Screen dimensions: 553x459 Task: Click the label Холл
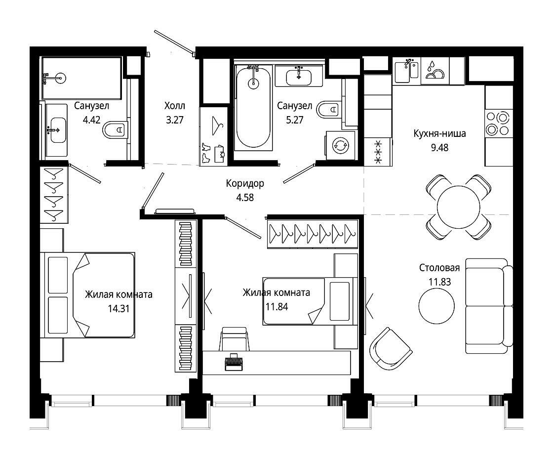click(x=175, y=106)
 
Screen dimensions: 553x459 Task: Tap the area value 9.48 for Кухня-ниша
click(x=439, y=147)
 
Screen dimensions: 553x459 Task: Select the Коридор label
click(x=245, y=183)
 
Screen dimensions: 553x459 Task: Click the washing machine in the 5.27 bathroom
click(x=341, y=145)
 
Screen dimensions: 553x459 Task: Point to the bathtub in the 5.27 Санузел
click(x=253, y=107)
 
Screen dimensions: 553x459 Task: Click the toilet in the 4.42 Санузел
click(x=115, y=130)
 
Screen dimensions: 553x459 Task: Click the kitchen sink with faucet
click(x=407, y=71)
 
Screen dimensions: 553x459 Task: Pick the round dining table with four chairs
click(x=459, y=207)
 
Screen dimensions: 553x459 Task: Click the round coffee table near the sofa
click(x=436, y=305)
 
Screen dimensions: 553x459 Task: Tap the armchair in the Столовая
click(x=391, y=348)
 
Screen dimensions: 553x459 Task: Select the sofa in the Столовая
click(x=489, y=306)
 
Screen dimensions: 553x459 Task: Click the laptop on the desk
click(x=234, y=362)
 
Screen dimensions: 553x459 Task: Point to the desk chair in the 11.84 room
click(x=234, y=339)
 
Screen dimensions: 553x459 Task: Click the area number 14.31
click(x=118, y=309)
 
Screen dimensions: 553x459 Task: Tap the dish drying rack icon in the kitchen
click(x=435, y=71)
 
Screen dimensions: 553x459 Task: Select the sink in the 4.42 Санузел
click(x=56, y=130)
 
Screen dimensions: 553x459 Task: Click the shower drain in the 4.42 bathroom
click(x=60, y=78)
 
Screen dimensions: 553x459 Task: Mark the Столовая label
click(x=439, y=268)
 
